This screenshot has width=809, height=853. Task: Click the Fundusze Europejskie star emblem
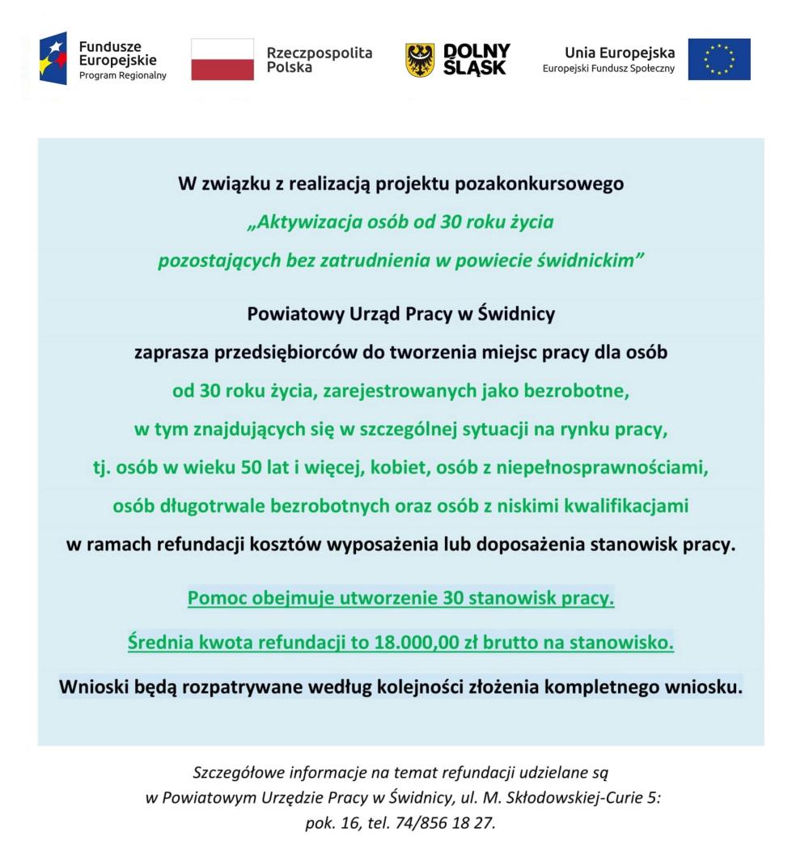[53, 59]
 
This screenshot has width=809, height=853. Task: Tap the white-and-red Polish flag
[222, 59]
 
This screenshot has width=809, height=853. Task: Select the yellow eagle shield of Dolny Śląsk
[419, 60]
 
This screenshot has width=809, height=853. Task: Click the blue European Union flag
[719, 59]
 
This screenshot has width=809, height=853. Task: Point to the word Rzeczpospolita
[320, 53]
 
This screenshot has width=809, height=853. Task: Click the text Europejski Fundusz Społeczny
[609, 68]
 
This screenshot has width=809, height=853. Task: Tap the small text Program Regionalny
[122, 75]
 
